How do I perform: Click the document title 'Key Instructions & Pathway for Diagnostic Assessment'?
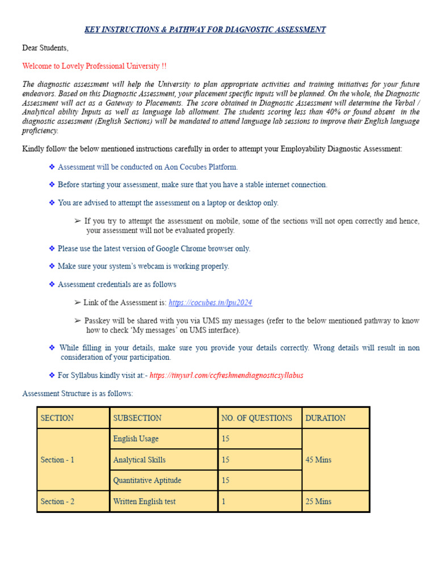205,30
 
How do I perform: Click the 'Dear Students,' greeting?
45,48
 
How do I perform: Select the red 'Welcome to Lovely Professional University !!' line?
94,66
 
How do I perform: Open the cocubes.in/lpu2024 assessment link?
210,303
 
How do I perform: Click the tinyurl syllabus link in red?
226,376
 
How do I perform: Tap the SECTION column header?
57,418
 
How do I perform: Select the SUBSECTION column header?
137,418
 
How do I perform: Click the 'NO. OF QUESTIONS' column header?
257,418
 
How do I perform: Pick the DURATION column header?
325,418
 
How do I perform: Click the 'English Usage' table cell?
136,439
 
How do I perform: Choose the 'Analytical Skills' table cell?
139,460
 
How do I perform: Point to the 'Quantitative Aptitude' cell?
147,481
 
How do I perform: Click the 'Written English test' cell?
144,502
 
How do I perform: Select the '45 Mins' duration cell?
318,460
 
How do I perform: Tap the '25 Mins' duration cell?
318,502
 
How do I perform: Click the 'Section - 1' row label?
57,460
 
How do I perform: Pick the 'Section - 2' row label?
57,502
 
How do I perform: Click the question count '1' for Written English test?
224,502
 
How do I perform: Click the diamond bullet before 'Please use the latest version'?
52,249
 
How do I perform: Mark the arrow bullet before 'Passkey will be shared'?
78,321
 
